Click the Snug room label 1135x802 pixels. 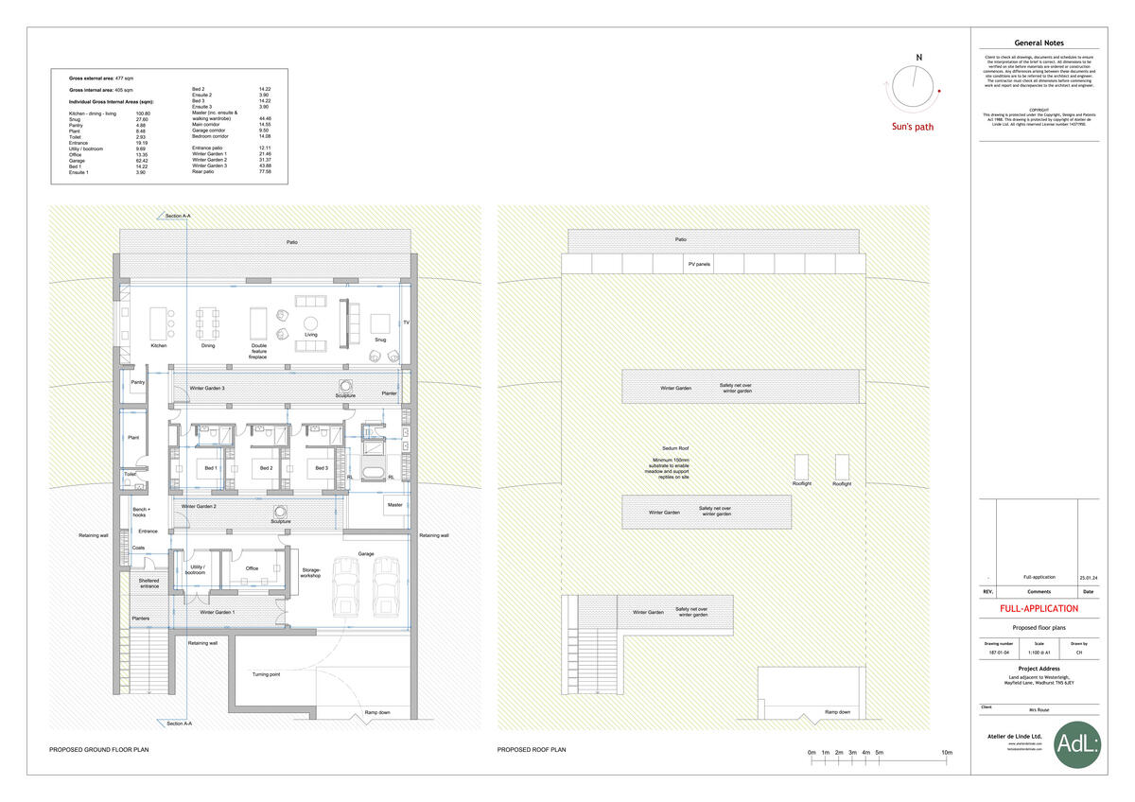pyautogui.click(x=380, y=340)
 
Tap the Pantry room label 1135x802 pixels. pyautogui.click(x=135, y=382)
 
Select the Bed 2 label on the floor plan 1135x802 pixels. pyautogui.click(x=266, y=468)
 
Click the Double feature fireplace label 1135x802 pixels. pyautogui.click(x=258, y=351)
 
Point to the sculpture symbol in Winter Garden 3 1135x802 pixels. pyautogui.click(x=345, y=385)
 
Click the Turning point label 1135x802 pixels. pyautogui.click(x=266, y=674)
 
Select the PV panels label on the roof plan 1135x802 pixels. pyautogui.click(x=699, y=264)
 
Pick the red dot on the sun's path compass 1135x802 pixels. pyautogui.click(x=938, y=91)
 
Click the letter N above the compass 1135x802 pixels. pyautogui.click(x=918, y=58)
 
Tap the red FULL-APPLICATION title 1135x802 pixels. pyautogui.click(x=1039, y=608)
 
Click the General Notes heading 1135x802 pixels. pyautogui.click(x=1039, y=43)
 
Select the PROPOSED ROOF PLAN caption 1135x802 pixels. pyautogui.click(x=532, y=749)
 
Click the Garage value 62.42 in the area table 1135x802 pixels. pyautogui.click(x=143, y=161)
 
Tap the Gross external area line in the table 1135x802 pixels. pyautogui.click(x=96, y=78)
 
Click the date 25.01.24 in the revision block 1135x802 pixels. pyautogui.click(x=1088, y=577)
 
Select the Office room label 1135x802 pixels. pyautogui.click(x=252, y=568)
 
